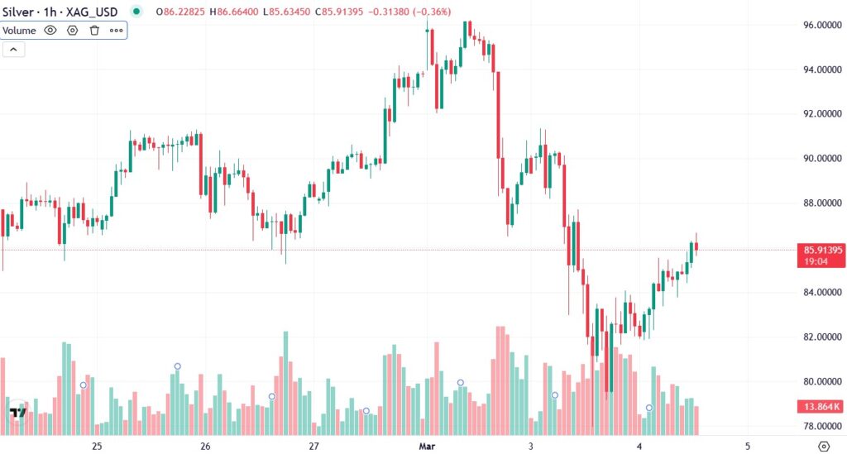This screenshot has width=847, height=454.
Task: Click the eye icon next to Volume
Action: pyautogui.click(x=50, y=31)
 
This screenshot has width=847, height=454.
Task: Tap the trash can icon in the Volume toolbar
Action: pyautogui.click(x=94, y=31)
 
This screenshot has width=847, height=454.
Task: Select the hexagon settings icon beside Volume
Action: pyautogui.click(x=73, y=31)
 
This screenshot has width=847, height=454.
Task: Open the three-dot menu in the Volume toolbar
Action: pyautogui.click(x=116, y=31)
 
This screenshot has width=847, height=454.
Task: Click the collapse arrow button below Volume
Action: pyautogui.click(x=14, y=50)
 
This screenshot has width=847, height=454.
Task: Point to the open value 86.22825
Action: pyautogui.click(x=183, y=12)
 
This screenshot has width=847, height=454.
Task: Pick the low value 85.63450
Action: pyautogui.click(x=291, y=12)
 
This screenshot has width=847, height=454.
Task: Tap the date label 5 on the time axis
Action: pyautogui.click(x=748, y=446)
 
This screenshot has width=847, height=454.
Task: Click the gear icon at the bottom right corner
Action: pyautogui.click(x=823, y=446)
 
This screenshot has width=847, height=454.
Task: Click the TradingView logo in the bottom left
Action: pyautogui.click(x=17, y=413)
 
